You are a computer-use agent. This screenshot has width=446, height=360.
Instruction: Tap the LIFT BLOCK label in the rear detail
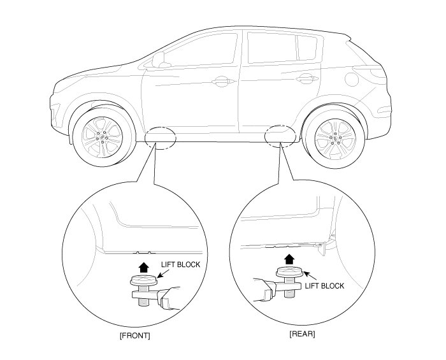point(324,286)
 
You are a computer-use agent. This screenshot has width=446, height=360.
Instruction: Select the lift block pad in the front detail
point(143,279)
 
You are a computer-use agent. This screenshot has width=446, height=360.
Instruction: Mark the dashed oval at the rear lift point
point(279,136)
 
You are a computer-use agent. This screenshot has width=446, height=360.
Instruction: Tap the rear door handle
point(305,79)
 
